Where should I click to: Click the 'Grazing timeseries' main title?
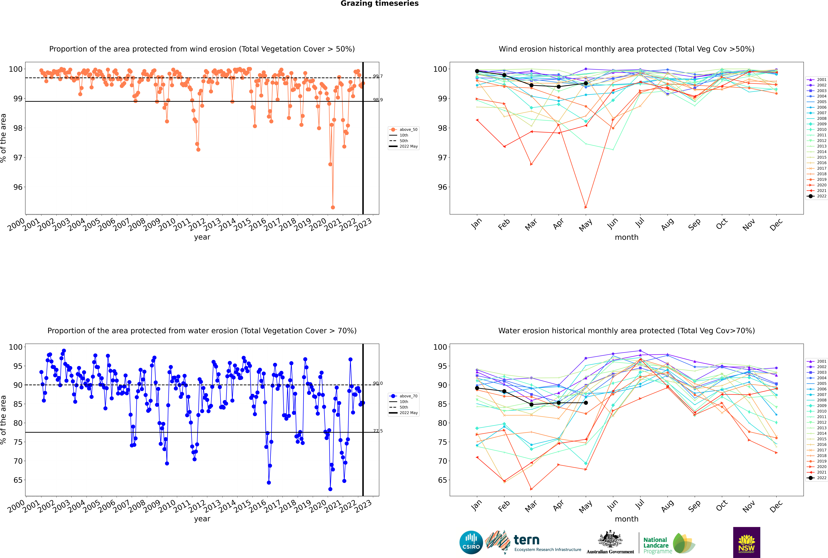coord(380,4)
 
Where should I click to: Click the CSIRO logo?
coord(471,542)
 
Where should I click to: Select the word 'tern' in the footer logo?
coord(526,540)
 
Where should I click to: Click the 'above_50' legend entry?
coord(408,130)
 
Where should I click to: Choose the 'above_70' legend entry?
coord(408,396)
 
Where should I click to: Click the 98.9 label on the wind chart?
coord(378,100)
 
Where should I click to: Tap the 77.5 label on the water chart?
coord(378,431)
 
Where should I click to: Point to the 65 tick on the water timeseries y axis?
coord(18,480)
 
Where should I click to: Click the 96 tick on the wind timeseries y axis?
coord(18,187)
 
